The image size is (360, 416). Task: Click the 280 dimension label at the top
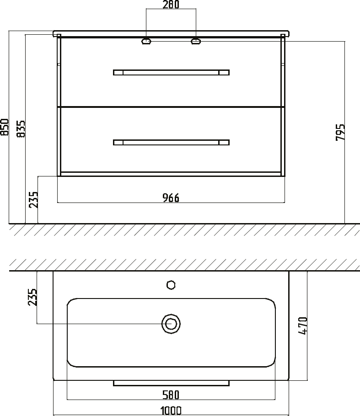click(x=171, y=4)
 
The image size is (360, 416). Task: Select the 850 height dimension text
click(x=5, y=127)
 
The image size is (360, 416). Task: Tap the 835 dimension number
click(x=21, y=129)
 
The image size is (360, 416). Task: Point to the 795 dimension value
click(x=340, y=132)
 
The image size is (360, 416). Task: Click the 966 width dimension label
click(x=171, y=197)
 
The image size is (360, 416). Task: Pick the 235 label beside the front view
click(x=33, y=199)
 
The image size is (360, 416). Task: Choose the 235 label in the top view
click(x=32, y=297)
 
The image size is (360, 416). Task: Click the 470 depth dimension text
click(x=303, y=325)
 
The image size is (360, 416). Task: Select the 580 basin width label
click(x=171, y=395)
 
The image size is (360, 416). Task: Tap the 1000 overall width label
click(x=171, y=411)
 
